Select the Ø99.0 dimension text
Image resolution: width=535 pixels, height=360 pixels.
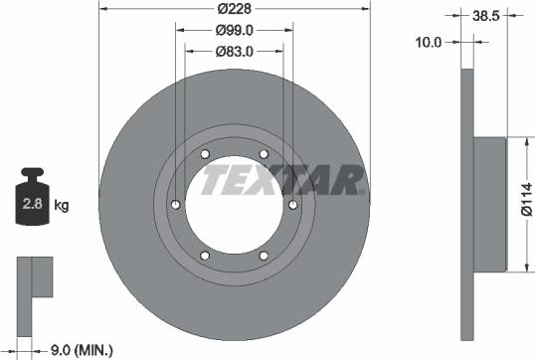(235, 31)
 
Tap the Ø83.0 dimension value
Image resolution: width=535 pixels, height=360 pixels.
(235, 51)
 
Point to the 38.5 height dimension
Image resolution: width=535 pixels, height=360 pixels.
(486, 17)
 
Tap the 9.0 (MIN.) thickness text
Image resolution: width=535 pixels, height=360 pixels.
(82, 349)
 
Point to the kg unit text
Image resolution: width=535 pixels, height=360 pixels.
(61, 206)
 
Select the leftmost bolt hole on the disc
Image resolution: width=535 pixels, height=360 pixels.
(176, 205)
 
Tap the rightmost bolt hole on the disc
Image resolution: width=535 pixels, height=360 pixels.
(293, 205)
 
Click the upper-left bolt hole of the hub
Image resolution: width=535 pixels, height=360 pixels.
(205, 154)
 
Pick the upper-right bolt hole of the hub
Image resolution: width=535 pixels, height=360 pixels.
(264, 154)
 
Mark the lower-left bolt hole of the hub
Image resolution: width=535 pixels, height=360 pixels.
(205, 256)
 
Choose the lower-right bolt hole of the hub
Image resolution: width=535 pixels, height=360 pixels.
(264, 256)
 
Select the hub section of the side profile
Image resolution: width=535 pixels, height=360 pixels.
(491, 205)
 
